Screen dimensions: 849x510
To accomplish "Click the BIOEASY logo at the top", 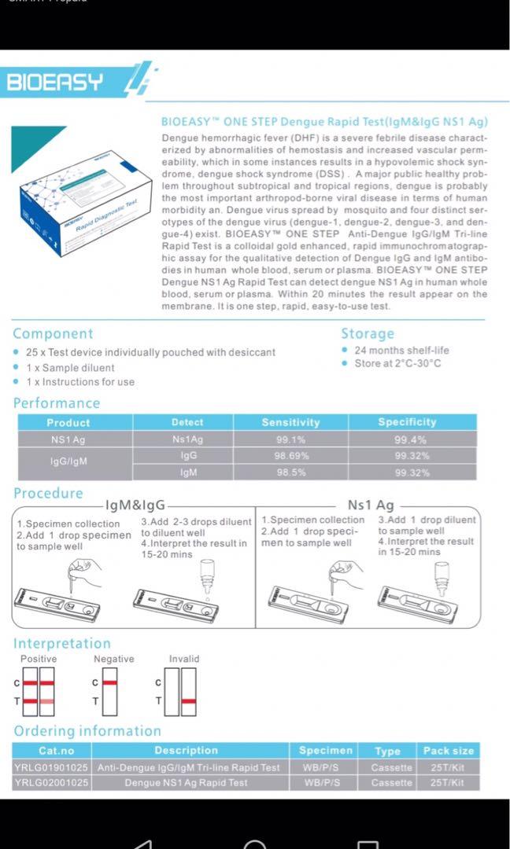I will pyautogui.click(x=55, y=82).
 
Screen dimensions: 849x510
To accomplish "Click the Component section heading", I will pyautogui.click(x=53, y=334).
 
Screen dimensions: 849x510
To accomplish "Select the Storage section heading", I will pyautogui.click(x=368, y=334).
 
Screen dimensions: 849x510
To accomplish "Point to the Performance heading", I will pyautogui.click(x=57, y=403).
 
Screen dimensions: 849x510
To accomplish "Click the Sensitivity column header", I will pyautogui.click(x=290, y=423).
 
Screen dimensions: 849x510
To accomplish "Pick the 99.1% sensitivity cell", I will pyautogui.click(x=290, y=440).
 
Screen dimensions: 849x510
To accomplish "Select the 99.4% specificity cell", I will pyautogui.click(x=412, y=440).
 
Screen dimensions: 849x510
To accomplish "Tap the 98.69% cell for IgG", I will pyautogui.click(x=290, y=456).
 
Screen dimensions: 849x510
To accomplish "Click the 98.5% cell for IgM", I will pyautogui.click(x=290, y=472).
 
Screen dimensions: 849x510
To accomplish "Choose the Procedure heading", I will pyautogui.click(x=48, y=494).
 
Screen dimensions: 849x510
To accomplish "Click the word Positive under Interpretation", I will pyautogui.click(x=39, y=659).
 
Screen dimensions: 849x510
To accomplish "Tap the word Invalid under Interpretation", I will pyautogui.click(x=184, y=659).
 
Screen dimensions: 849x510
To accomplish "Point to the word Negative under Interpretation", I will pyautogui.click(x=114, y=659).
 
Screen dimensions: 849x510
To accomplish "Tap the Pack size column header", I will pyautogui.click(x=449, y=751).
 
